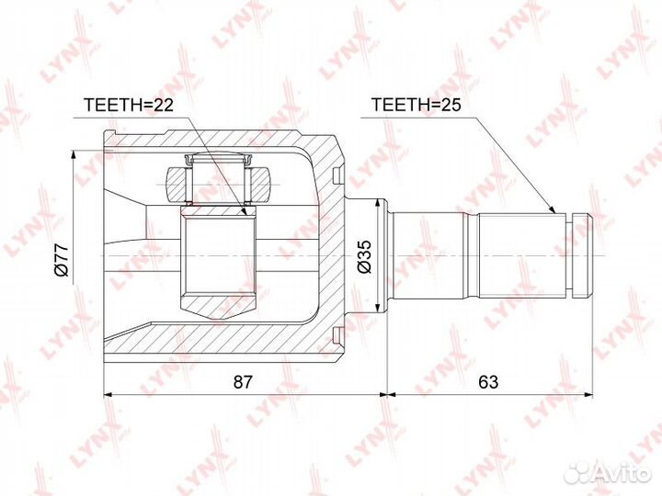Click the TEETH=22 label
[x=129, y=105]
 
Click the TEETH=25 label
[x=416, y=105]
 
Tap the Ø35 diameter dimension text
[x=364, y=256]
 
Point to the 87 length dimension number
[x=243, y=382]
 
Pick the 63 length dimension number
[x=488, y=382]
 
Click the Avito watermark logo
[x=608, y=473]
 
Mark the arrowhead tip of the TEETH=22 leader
[x=246, y=216]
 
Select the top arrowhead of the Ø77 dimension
[x=74, y=151]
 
